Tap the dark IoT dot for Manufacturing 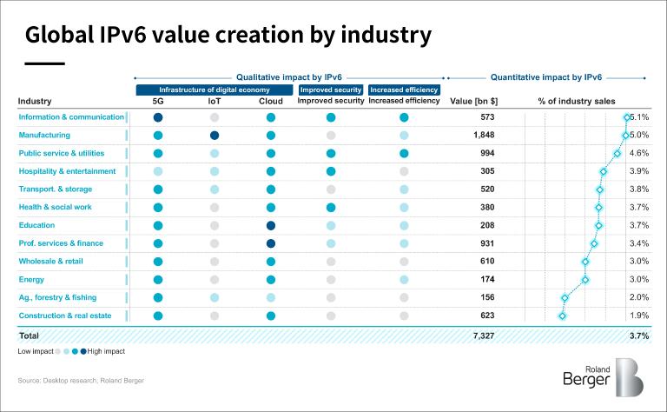[215, 136]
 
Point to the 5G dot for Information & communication [158, 117]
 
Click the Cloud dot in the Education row [271, 225]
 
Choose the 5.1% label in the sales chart [639, 117]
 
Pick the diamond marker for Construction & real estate [562, 316]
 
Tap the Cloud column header [271, 101]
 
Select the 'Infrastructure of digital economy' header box [215, 90]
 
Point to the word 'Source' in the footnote [30, 381]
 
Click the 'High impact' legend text [107, 351]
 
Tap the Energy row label [33, 279]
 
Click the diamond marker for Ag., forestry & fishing [565, 297]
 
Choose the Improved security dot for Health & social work [330, 208]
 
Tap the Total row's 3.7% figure [638, 336]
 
